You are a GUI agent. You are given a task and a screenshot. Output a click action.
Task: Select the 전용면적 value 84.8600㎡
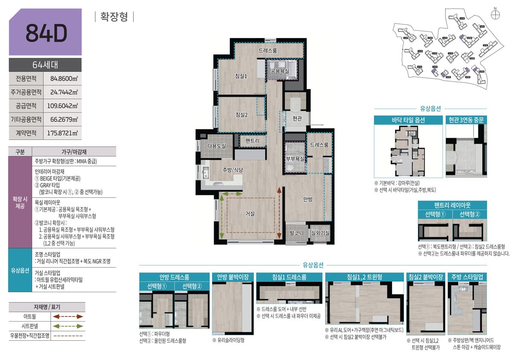(x=63, y=78)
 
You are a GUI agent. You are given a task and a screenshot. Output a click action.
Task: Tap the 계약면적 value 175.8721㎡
(x=63, y=133)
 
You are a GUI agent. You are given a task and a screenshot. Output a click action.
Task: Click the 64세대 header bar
(x=45, y=65)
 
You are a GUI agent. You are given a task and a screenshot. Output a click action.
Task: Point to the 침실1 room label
(x=241, y=76)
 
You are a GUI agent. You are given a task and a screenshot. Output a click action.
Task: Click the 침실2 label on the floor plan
(x=241, y=114)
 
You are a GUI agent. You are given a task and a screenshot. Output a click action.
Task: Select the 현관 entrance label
(x=297, y=118)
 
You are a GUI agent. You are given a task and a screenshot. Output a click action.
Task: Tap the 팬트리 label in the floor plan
(x=253, y=141)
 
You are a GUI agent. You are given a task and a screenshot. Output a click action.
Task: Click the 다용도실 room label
(x=216, y=146)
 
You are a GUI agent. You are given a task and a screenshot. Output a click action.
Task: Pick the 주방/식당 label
(x=233, y=170)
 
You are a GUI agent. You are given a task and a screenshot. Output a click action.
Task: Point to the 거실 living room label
(x=250, y=214)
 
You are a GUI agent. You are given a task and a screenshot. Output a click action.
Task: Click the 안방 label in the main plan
(x=308, y=199)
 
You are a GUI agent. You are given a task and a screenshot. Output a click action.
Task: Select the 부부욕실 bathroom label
(x=295, y=159)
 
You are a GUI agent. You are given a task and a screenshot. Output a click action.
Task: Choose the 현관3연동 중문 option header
(x=466, y=120)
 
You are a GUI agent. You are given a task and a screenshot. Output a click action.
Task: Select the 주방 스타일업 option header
(x=467, y=277)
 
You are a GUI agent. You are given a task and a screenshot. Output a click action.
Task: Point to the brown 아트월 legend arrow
(x=67, y=316)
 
